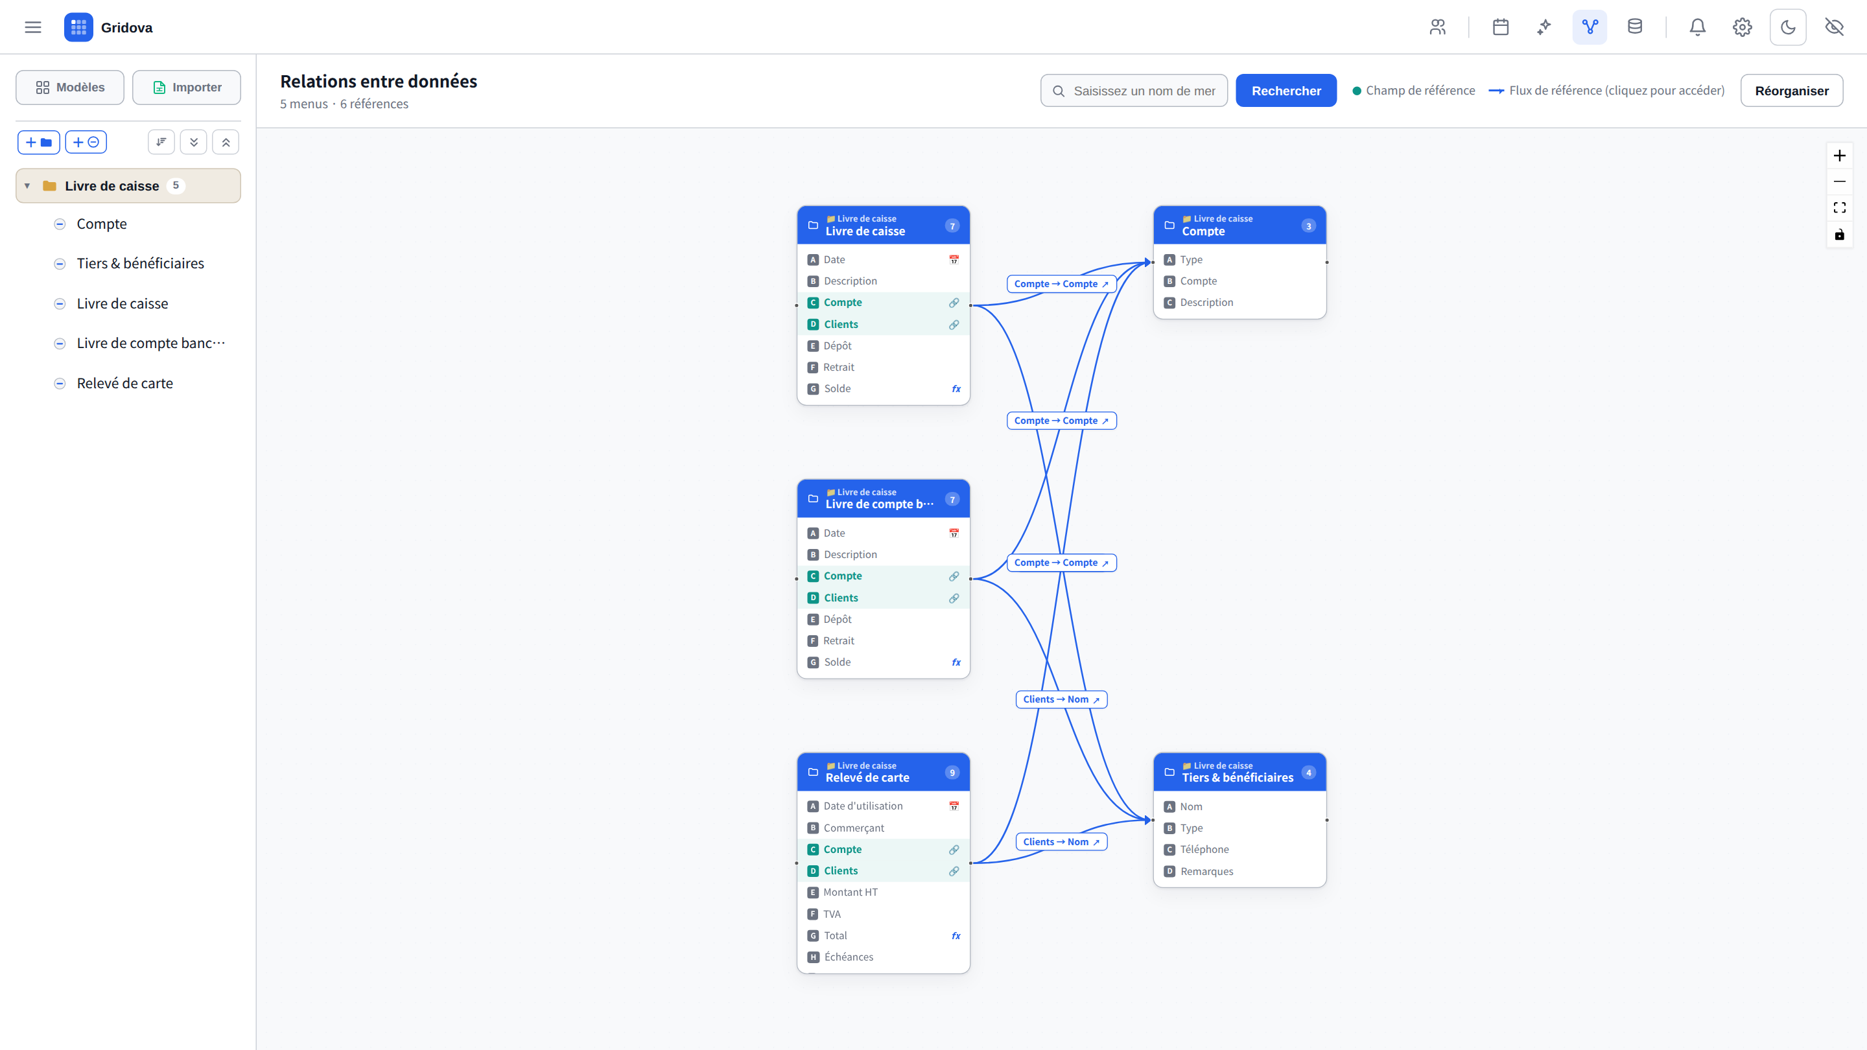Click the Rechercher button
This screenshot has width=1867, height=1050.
coord(1286,91)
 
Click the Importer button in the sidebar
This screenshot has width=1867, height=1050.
coord(187,87)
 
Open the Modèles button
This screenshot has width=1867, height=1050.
coord(70,87)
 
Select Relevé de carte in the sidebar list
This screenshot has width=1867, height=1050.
coord(124,383)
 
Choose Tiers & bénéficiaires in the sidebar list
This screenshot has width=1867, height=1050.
coord(141,264)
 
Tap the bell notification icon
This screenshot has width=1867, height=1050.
coord(1697,27)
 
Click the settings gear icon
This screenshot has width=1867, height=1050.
coord(1743,27)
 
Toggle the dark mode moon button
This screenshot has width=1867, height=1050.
coord(1788,27)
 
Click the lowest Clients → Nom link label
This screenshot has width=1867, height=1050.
coord(1061,842)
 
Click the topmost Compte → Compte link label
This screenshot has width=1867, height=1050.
coord(1061,284)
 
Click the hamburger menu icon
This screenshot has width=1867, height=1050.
coord(32,27)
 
